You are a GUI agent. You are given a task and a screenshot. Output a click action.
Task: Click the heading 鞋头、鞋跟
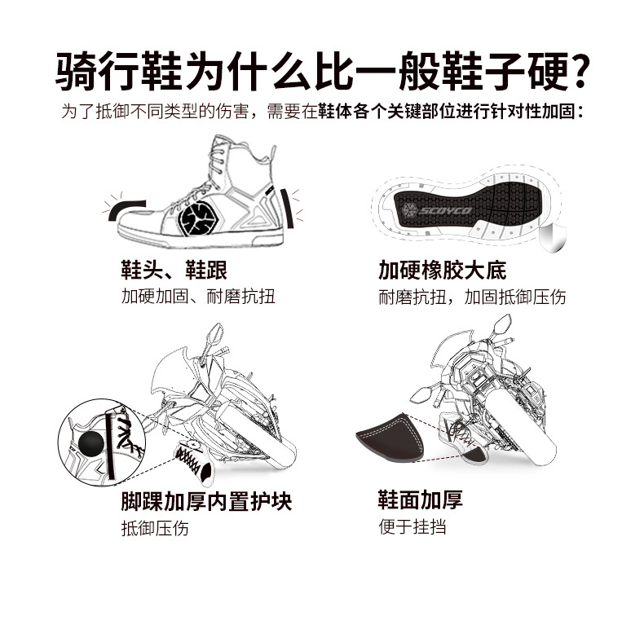pyautogui.click(x=173, y=270)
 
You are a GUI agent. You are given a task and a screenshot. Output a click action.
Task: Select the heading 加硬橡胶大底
pyautogui.click(x=442, y=270)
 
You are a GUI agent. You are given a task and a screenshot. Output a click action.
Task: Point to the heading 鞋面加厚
pyautogui.click(x=420, y=500)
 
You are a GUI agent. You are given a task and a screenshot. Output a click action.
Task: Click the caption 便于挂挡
pyautogui.click(x=412, y=526)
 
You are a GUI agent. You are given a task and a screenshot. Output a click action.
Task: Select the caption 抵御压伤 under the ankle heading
pyautogui.click(x=155, y=527)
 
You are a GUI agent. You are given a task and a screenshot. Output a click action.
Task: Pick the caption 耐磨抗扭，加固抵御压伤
pyautogui.click(x=472, y=296)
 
